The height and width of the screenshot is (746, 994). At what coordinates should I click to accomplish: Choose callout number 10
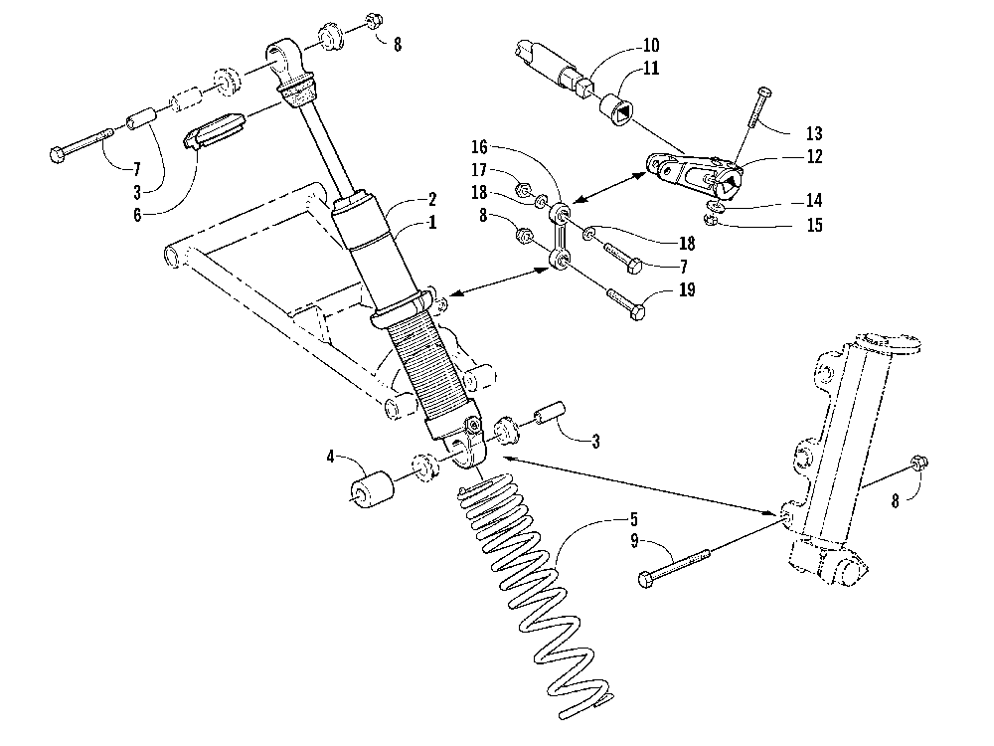tap(651, 44)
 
